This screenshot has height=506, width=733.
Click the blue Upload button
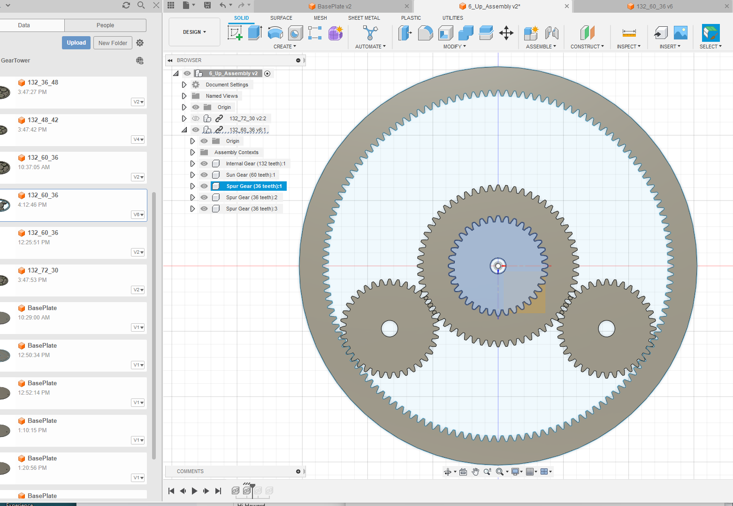click(x=76, y=43)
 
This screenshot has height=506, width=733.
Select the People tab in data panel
click(x=105, y=25)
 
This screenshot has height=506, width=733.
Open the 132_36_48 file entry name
click(x=43, y=82)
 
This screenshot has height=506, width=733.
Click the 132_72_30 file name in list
click(x=43, y=270)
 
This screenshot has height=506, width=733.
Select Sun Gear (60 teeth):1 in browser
click(x=250, y=175)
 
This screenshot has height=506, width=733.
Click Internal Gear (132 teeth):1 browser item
click(x=255, y=163)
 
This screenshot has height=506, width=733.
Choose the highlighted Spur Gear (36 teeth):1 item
click(x=253, y=186)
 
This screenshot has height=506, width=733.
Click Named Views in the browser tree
click(x=221, y=96)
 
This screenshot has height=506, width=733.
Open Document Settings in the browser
click(x=227, y=85)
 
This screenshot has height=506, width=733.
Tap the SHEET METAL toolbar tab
click(x=364, y=18)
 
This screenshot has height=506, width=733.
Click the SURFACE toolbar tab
click(x=281, y=18)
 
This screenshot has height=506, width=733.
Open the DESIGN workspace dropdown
click(x=194, y=32)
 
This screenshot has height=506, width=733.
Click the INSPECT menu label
click(x=628, y=47)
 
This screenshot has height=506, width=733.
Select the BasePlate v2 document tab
click(x=334, y=6)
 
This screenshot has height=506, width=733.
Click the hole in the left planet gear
click(x=389, y=328)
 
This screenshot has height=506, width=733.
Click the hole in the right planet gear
click(x=606, y=328)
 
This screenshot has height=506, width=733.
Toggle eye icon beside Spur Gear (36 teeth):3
click(x=204, y=209)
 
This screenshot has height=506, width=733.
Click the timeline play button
click(x=194, y=491)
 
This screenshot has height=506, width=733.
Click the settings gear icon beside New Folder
click(x=140, y=43)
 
